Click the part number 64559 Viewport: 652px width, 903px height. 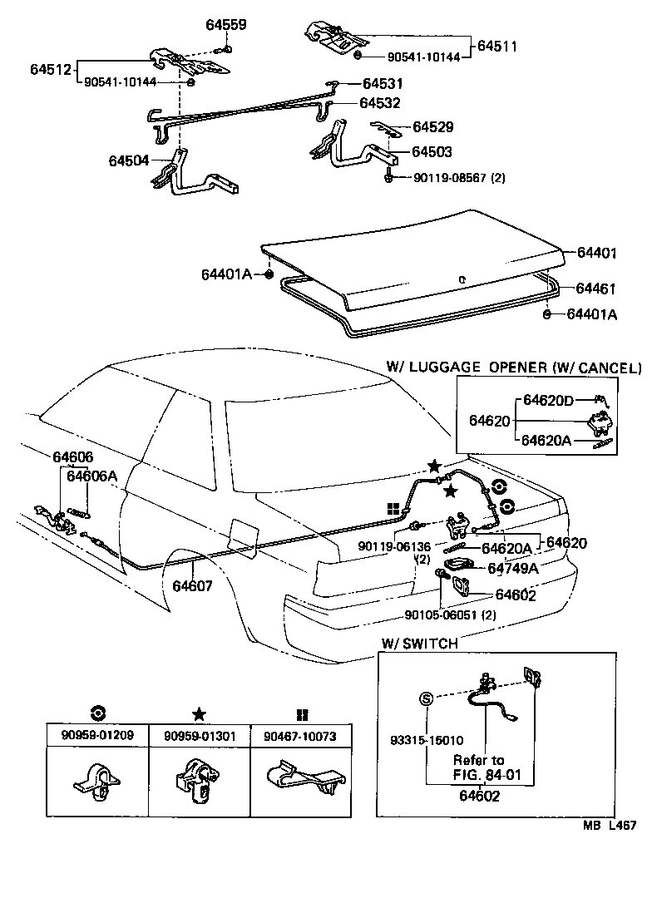[x=225, y=25]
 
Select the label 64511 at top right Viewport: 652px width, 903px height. [x=496, y=47]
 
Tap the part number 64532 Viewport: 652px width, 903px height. [x=380, y=103]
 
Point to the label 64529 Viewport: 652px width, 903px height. [x=432, y=127]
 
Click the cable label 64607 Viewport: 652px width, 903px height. [x=193, y=585]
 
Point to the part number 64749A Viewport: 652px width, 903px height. [x=512, y=569]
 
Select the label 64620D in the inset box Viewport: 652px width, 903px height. [x=547, y=401]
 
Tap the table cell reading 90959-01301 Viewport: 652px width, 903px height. [x=198, y=736]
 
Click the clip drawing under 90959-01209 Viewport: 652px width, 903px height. [x=96, y=782]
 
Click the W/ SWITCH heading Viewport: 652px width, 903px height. [x=419, y=644]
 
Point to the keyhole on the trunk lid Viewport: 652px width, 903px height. [x=461, y=279]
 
